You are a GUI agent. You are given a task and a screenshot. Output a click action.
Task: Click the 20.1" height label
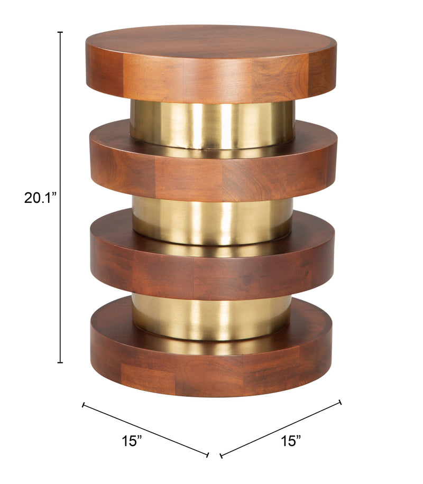pyautogui.click(x=40, y=198)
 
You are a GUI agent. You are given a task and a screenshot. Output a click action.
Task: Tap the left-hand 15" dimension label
pyautogui.click(x=131, y=440)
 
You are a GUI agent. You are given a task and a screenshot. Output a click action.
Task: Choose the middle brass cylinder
pyautogui.click(x=212, y=219)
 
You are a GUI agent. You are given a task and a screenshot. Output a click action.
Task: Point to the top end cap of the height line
pyautogui.click(x=60, y=33)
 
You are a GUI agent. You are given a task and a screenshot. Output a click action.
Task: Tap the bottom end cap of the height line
pyautogui.click(x=60, y=362)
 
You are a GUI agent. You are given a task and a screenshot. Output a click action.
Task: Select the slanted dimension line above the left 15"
pyautogui.click(x=145, y=430)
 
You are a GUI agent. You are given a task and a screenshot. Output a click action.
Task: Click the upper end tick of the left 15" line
pyautogui.click(x=83, y=405)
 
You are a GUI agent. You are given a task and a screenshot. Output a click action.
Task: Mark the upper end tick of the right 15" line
pyautogui.click(x=341, y=403)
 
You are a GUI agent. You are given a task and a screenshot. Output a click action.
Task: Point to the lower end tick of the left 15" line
pyautogui.click(x=208, y=454)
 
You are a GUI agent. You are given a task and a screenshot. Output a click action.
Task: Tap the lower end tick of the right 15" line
pyautogui.click(x=220, y=454)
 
